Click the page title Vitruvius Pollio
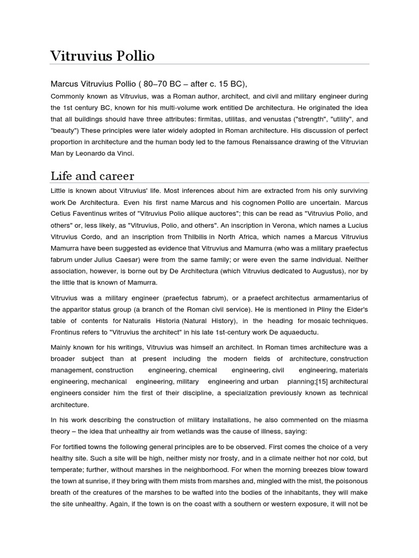102,56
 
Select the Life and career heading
92,175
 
